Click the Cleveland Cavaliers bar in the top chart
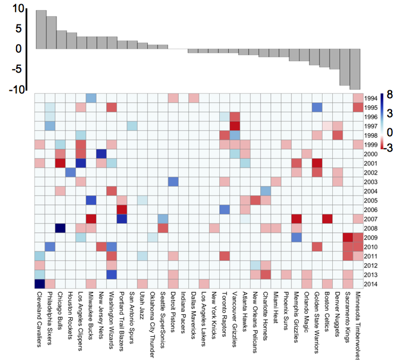40,29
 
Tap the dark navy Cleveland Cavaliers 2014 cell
40,284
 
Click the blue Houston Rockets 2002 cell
70,172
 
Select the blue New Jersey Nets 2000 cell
101,154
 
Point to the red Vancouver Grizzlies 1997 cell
235,126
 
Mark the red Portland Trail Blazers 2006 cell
122,210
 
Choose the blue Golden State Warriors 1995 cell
317,108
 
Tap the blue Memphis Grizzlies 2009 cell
297,238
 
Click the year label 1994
371,99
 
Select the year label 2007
371,219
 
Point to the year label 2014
371,285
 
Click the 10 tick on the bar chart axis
17,9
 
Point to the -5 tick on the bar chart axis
17,69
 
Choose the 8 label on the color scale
390,93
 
